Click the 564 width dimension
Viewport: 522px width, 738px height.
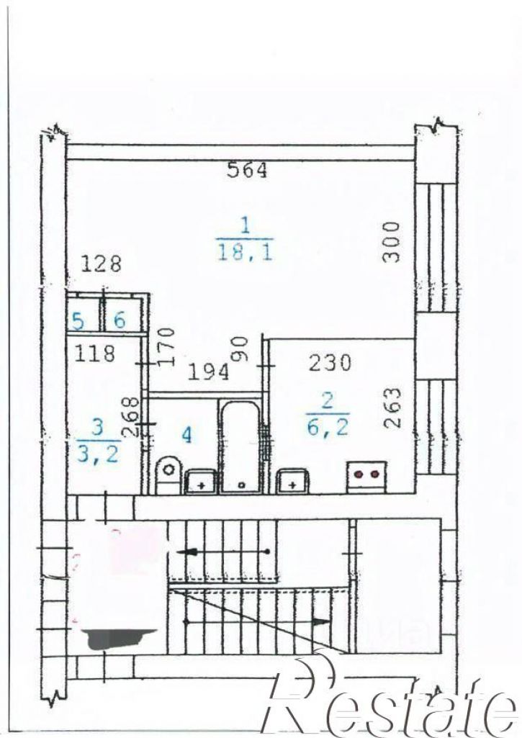pos(247,170)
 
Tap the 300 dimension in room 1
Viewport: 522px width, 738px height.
pos(391,242)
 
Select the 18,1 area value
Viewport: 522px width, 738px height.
pos(245,253)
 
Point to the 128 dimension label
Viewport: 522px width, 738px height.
pos(102,264)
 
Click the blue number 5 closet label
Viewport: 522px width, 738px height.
pos(78,321)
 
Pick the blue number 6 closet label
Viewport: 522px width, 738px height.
pos(120,320)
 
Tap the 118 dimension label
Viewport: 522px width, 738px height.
pos(94,353)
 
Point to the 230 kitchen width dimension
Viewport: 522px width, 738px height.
pos(330,363)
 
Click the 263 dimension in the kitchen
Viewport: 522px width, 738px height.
pos(392,408)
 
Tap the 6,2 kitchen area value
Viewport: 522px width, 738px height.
pos(328,427)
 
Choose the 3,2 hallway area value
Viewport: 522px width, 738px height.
pos(97,454)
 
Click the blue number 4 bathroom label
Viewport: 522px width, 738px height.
pos(187,435)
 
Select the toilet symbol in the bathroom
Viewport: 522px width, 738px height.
pos(168,474)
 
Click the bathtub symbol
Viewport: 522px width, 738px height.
pos(240,445)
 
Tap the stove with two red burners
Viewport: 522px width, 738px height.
pos(366,477)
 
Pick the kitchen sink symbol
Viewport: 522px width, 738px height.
pos(294,480)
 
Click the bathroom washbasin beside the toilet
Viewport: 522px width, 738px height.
pos(201,481)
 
